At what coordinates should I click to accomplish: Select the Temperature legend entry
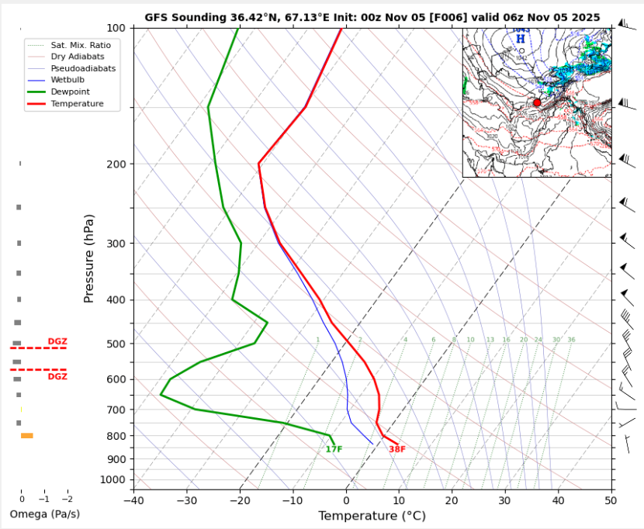point(76,103)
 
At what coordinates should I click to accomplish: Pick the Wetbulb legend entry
point(68,80)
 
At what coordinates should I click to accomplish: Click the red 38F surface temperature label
point(397,449)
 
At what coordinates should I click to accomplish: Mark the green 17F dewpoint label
point(334,449)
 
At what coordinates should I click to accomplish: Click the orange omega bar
point(26,436)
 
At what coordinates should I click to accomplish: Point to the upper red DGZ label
point(57,341)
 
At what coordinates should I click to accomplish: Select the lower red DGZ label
point(57,376)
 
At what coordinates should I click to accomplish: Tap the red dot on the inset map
point(537,102)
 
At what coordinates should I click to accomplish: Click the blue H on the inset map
point(521,38)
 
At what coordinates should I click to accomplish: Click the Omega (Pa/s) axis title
point(44,514)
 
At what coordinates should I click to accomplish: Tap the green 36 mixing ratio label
point(571,340)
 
